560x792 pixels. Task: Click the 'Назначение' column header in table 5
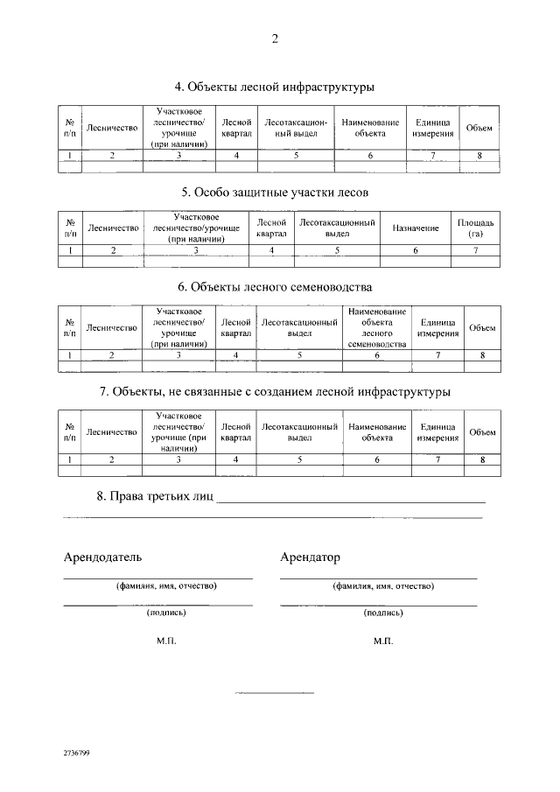click(416, 228)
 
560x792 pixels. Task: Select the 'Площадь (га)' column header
click(476, 228)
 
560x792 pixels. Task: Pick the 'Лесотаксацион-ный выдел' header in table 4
click(296, 129)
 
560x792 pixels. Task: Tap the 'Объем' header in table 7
click(481, 431)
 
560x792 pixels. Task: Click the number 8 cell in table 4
click(479, 156)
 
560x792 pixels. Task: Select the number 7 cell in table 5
click(476, 250)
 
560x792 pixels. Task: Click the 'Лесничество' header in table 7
click(112, 431)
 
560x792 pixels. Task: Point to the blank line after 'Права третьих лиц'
click(350, 500)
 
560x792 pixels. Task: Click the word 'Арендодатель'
click(102, 557)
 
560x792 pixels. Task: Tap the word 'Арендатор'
click(310, 557)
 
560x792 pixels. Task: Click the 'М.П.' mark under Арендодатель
click(166, 641)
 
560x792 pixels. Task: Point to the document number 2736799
click(76, 753)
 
